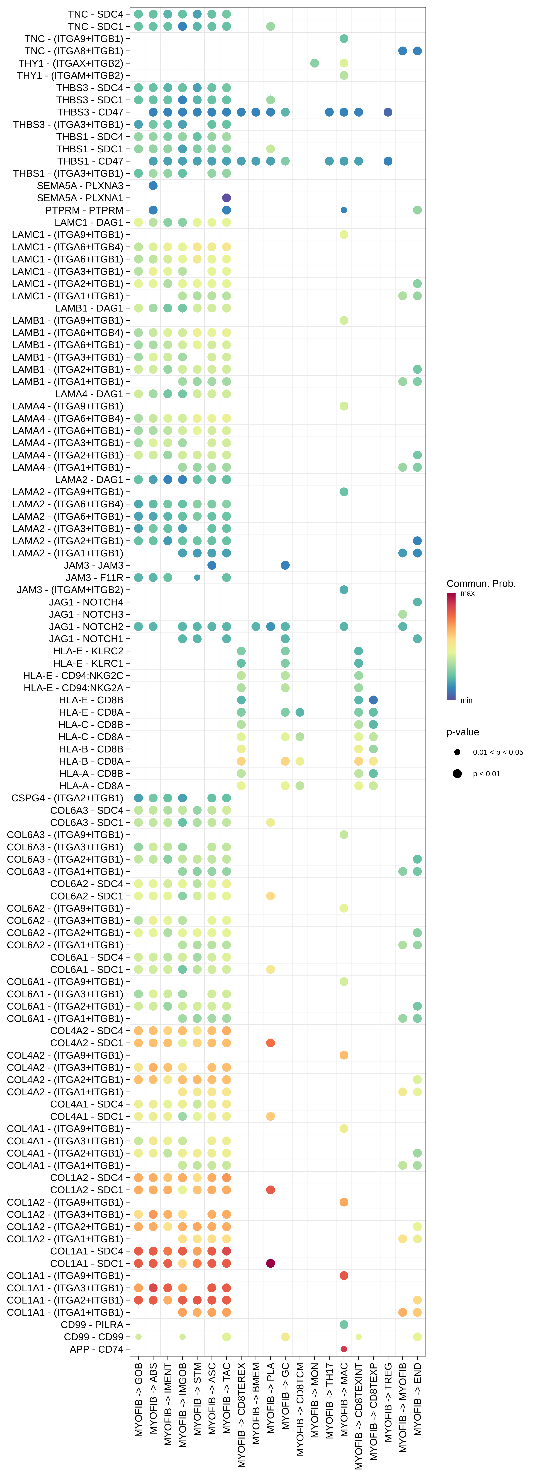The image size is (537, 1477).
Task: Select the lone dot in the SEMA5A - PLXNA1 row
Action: (226, 198)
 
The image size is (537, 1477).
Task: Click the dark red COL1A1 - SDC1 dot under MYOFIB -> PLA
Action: (270, 1263)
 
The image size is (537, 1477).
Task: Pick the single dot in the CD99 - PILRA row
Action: (344, 1324)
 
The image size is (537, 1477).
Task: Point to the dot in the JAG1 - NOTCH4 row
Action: (417, 602)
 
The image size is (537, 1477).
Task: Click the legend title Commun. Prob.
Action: (481, 584)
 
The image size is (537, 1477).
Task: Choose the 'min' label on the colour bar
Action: (466, 700)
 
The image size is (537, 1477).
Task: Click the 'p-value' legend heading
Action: (463, 732)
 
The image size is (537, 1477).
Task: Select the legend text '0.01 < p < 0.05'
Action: (497, 752)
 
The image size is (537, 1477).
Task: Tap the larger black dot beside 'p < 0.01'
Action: (457, 773)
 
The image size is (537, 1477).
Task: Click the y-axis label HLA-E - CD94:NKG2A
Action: (73, 687)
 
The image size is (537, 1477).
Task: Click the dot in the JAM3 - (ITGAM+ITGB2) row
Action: (344, 589)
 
